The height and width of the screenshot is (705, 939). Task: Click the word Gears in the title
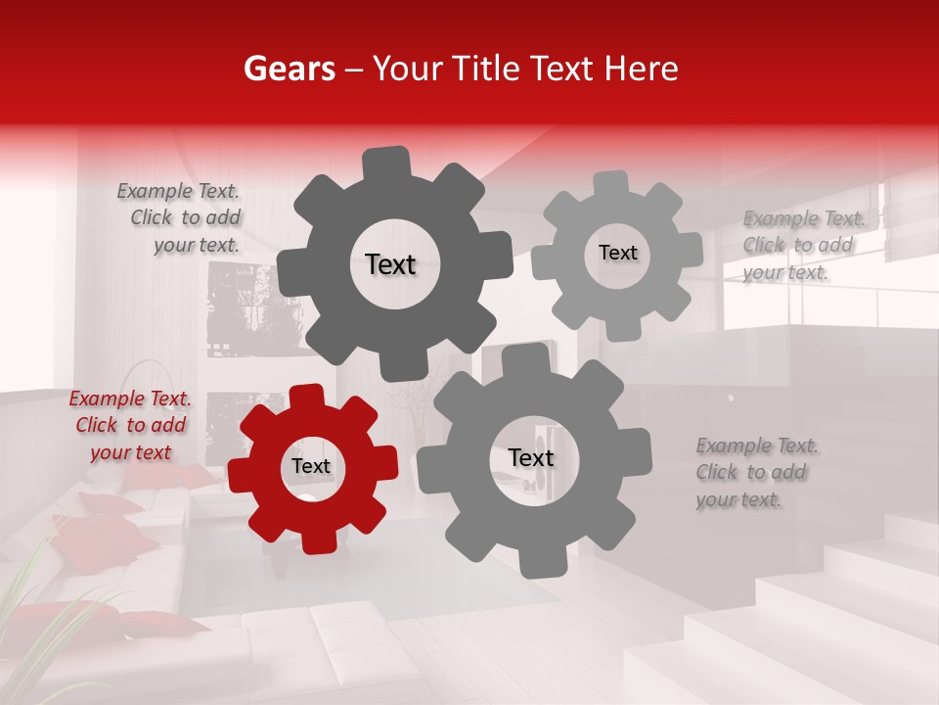click(x=289, y=69)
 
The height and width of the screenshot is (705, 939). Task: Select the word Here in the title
click(x=641, y=69)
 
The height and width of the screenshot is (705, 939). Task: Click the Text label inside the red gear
click(x=311, y=467)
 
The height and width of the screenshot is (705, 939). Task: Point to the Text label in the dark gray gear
click(x=390, y=264)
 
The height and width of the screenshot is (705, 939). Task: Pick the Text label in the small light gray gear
click(x=617, y=253)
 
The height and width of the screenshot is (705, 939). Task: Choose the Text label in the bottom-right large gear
click(x=530, y=458)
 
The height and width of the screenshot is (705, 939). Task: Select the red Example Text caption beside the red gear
click(x=130, y=426)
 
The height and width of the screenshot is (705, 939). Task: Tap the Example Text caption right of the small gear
click(x=802, y=246)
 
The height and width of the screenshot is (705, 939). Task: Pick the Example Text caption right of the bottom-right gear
click(x=755, y=473)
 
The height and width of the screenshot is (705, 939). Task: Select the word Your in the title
click(x=403, y=69)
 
